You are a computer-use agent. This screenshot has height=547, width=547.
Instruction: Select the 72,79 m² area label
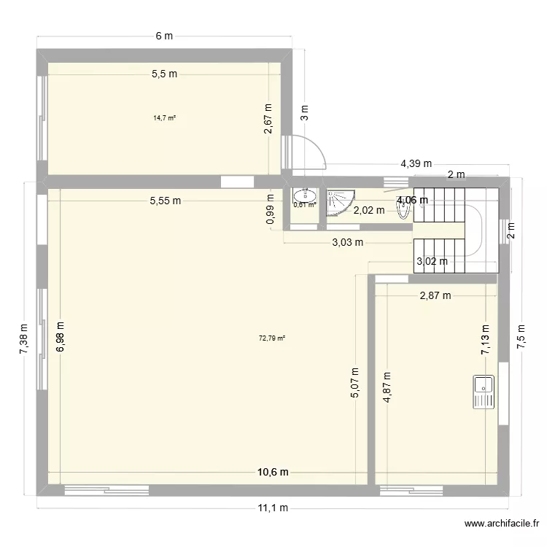click(272, 338)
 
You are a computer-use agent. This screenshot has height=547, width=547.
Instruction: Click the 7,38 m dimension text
click(23, 340)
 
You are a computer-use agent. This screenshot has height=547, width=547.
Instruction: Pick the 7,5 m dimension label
click(521, 338)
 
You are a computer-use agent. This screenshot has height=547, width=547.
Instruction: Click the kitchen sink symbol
click(483, 392)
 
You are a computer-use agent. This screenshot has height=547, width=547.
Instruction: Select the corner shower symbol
click(339, 202)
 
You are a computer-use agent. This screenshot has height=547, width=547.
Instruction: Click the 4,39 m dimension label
click(415, 164)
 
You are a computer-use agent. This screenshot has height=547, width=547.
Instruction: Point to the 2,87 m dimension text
click(435, 295)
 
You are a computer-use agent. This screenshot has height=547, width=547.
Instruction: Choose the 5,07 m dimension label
click(355, 382)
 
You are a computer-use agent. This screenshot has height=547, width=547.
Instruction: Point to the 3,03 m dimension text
click(346, 243)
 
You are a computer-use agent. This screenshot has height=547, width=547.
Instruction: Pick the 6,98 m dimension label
click(60, 338)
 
